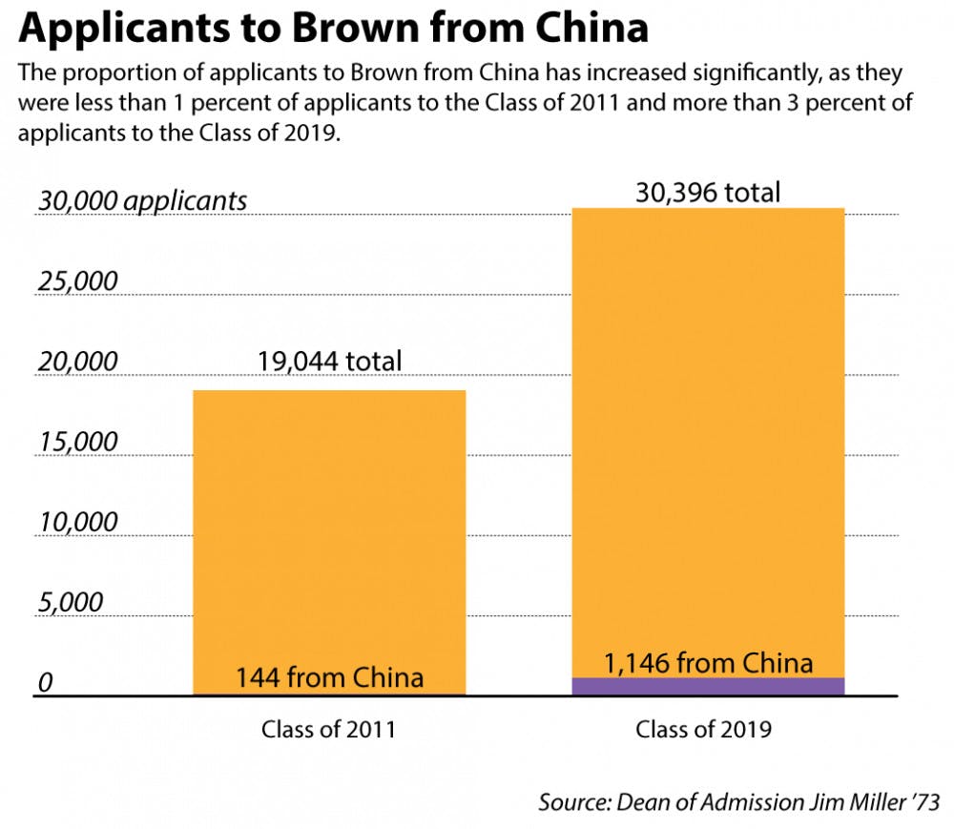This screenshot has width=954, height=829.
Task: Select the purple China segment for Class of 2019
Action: pyautogui.click(x=709, y=686)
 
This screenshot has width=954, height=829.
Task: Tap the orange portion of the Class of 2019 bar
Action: pyautogui.click(x=709, y=429)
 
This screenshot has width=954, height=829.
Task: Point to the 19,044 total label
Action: pyautogui.click(x=329, y=362)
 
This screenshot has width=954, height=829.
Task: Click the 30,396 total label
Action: pyautogui.click(x=708, y=193)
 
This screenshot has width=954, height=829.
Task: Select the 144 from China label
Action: pyautogui.click(x=329, y=677)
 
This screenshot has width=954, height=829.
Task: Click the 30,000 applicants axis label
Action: pyautogui.click(x=141, y=200)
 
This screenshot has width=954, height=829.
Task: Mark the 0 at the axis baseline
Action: pyautogui.click(x=42, y=683)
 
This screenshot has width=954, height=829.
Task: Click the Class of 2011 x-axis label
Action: pyautogui.click(x=328, y=730)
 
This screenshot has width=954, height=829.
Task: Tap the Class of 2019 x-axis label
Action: pyautogui.click(x=704, y=730)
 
